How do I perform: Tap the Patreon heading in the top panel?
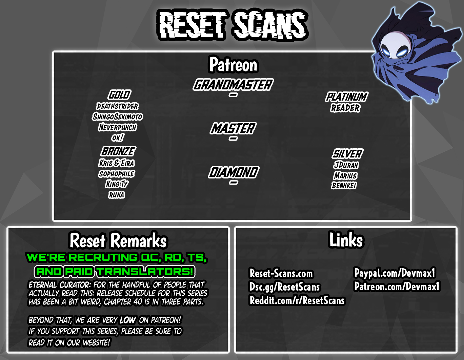click(234, 65)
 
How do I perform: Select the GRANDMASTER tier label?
click(233, 84)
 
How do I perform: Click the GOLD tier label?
click(119, 95)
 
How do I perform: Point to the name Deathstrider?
click(118, 106)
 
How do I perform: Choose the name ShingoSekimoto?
click(118, 117)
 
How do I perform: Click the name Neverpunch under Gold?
click(118, 127)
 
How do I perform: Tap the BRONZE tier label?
click(118, 151)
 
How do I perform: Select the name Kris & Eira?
click(117, 163)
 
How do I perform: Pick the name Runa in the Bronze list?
click(117, 195)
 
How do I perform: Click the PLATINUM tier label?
click(346, 97)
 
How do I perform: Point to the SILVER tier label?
click(347, 154)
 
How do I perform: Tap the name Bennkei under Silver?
click(344, 186)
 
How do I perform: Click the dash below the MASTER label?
click(233, 139)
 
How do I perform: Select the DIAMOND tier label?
click(234, 172)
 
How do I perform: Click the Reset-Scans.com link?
click(281, 273)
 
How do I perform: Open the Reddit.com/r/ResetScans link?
click(297, 300)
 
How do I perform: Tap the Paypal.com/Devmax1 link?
click(395, 273)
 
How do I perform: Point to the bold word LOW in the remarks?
click(128, 320)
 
